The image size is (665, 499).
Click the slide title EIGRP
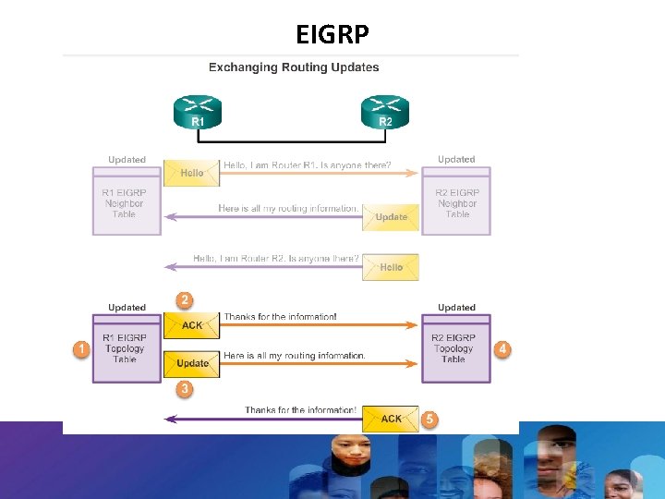332,34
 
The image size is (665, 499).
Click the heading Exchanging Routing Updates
294,67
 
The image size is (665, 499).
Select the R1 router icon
198,112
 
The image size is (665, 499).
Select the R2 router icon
385,112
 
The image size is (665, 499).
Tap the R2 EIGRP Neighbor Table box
457,202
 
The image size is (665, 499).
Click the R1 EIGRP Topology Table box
125,348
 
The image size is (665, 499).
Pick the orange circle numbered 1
82,349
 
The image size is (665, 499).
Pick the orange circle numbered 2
185,300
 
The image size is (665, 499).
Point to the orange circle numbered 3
185,389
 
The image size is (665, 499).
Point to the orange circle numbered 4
502,349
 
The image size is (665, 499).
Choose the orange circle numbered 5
429,419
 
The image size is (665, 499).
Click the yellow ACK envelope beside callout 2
192,325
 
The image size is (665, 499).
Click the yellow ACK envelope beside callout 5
391,419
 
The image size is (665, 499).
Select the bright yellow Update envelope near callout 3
192,363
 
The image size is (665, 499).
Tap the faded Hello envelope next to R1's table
192,173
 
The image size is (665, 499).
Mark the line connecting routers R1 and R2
292,141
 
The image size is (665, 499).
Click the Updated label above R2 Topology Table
456,308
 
